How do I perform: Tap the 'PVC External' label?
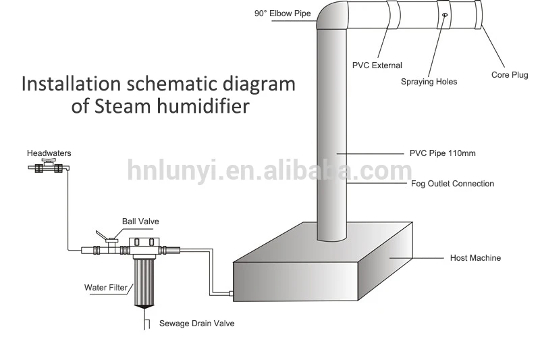[x=377, y=66]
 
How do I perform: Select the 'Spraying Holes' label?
[x=429, y=82]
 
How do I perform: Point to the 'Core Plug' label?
[x=510, y=75]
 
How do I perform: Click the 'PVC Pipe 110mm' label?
[x=442, y=153]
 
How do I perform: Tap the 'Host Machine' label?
[x=475, y=258]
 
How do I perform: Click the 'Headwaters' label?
[x=49, y=153]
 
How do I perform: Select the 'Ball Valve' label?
[x=140, y=221]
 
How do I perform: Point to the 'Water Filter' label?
[x=105, y=288]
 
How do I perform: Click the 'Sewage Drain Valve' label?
[x=196, y=324]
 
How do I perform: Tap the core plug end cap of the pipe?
[x=479, y=15]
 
